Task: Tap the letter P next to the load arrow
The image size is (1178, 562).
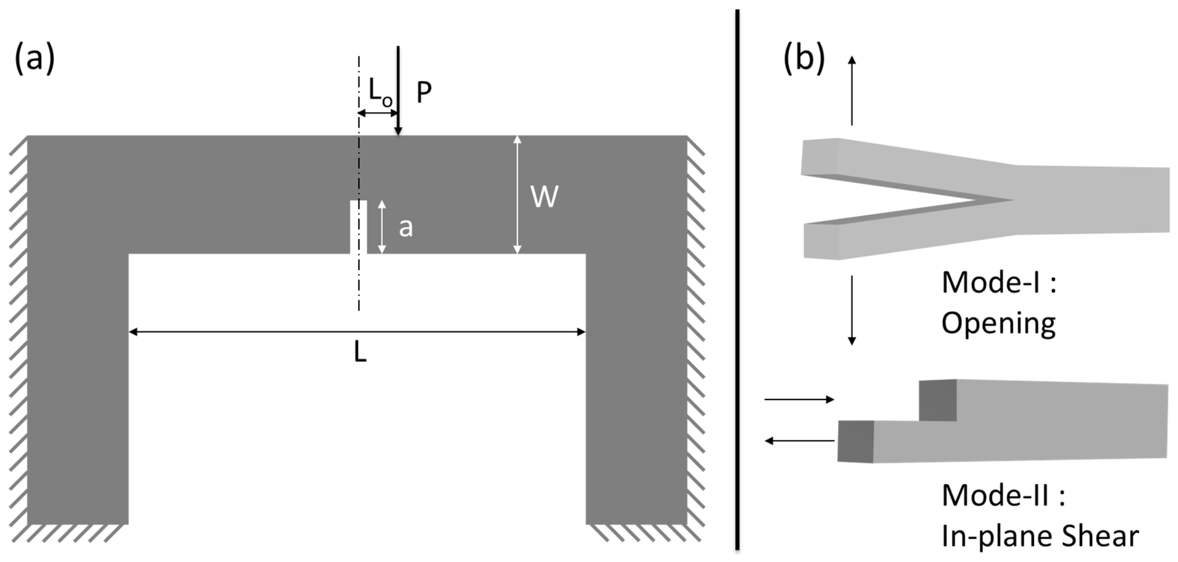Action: coord(424,93)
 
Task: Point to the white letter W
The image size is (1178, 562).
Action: coord(544,197)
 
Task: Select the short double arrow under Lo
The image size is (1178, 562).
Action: coord(378,113)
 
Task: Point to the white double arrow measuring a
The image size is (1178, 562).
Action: coord(382,227)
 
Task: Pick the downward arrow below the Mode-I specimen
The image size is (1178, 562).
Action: coord(852,310)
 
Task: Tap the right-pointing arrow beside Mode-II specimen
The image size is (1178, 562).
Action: coord(799,400)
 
